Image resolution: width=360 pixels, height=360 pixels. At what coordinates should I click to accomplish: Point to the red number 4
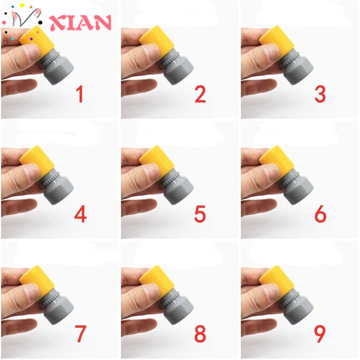pos(80,214)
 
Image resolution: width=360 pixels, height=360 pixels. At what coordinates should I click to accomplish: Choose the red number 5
pos(200,214)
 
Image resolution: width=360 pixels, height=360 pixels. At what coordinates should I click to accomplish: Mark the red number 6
pos(320,214)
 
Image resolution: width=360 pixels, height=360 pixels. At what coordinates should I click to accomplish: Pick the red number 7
pos(80,334)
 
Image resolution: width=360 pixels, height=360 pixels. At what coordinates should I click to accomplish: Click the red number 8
pos(200,334)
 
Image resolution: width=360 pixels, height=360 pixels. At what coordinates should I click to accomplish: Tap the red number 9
pos(320,334)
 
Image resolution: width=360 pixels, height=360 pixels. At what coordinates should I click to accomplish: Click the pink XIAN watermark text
pos(80,22)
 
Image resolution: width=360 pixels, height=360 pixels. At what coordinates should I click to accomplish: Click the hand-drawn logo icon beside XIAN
pos(22,20)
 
